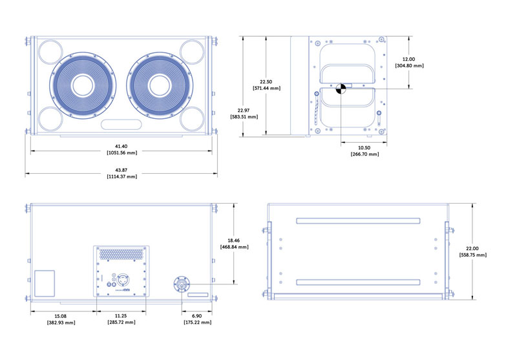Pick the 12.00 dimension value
[x=409, y=58]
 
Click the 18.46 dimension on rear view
[x=231, y=240]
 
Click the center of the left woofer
[x=82, y=86]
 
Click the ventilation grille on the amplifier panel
[x=121, y=253]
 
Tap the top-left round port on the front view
[x=49, y=51]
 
